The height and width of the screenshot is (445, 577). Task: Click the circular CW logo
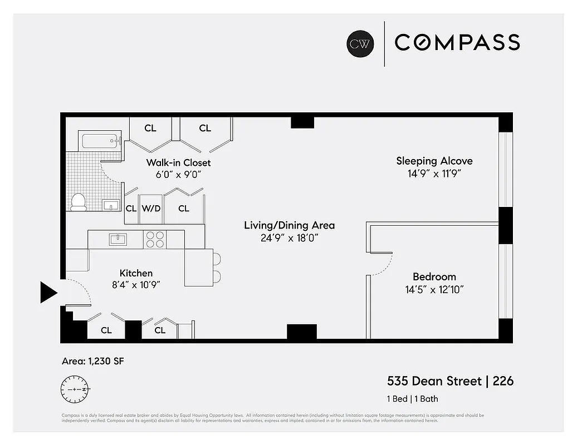pyautogui.click(x=360, y=44)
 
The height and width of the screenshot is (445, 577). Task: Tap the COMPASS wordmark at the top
pyautogui.click(x=457, y=43)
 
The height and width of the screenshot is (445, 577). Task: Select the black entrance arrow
pyautogui.click(x=48, y=292)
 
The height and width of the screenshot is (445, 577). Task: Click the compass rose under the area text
pyautogui.click(x=75, y=389)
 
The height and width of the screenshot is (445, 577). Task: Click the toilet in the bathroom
pyautogui.click(x=79, y=201)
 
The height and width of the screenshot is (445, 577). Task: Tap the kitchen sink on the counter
pyautogui.click(x=118, y=240)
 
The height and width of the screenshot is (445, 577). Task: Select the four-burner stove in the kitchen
pyautogui.click(x=155, y=240)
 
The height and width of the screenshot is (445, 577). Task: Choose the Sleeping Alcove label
pyautogui.click(x=434, y=161)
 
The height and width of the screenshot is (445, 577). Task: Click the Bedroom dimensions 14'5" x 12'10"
pyautogui.click(x=434, y=289)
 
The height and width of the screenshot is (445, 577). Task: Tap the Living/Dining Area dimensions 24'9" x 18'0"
pyautogui.click(x=289, y=238)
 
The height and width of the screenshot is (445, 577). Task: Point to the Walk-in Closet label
pyautogui.click(x=178, y=162)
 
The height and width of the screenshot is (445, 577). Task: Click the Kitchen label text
pyautogui.click(x=136, y=273)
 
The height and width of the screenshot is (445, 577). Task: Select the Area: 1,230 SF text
pyautogui.click(x=92, y=362)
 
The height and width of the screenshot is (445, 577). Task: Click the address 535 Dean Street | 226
pyautogui.click(x=450, y=381)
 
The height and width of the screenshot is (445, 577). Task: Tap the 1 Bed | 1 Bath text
pyautogui.click(x=413, y=399)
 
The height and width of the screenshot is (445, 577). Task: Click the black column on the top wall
pyautogui.click(x=302, y=121)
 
